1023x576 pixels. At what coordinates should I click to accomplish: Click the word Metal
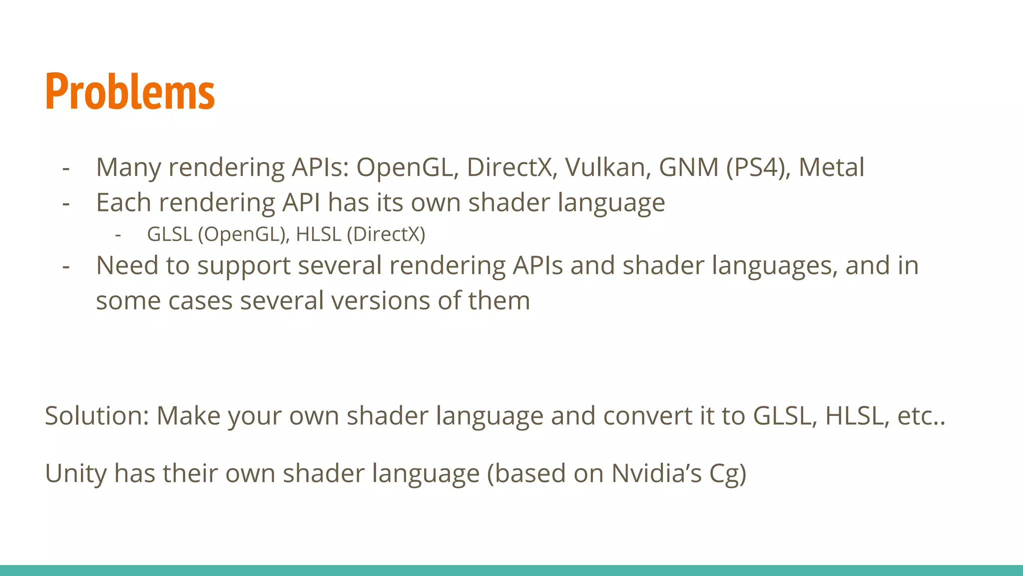(x=831, y=167)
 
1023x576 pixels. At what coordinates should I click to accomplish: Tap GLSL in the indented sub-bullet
(x=169, y=234)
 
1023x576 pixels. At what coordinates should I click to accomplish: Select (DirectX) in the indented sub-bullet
(x=386, y=234)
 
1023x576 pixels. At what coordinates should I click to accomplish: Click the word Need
(x=127, y=265)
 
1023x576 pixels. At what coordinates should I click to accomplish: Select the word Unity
(x=75, y=473)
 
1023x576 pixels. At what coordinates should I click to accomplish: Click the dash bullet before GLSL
(x=118, y=234)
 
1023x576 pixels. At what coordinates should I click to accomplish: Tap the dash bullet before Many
(x=66, y=168)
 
